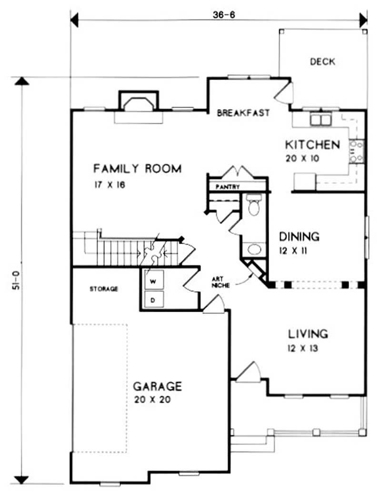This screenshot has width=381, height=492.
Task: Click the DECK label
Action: (322, 61)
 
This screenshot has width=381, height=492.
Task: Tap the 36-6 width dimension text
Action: (225, 14)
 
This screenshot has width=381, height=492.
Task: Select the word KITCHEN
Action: (312, 145)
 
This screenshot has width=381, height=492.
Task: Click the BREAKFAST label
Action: (243, 113)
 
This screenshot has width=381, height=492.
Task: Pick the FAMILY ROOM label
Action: (137, 168)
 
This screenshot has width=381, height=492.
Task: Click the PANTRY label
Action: (228, 187)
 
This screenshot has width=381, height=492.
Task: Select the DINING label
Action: (299, 236)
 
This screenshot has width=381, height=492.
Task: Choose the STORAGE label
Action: (104, 289)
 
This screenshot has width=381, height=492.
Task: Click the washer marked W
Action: (153, 281)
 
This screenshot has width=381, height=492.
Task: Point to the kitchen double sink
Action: (320, 119)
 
